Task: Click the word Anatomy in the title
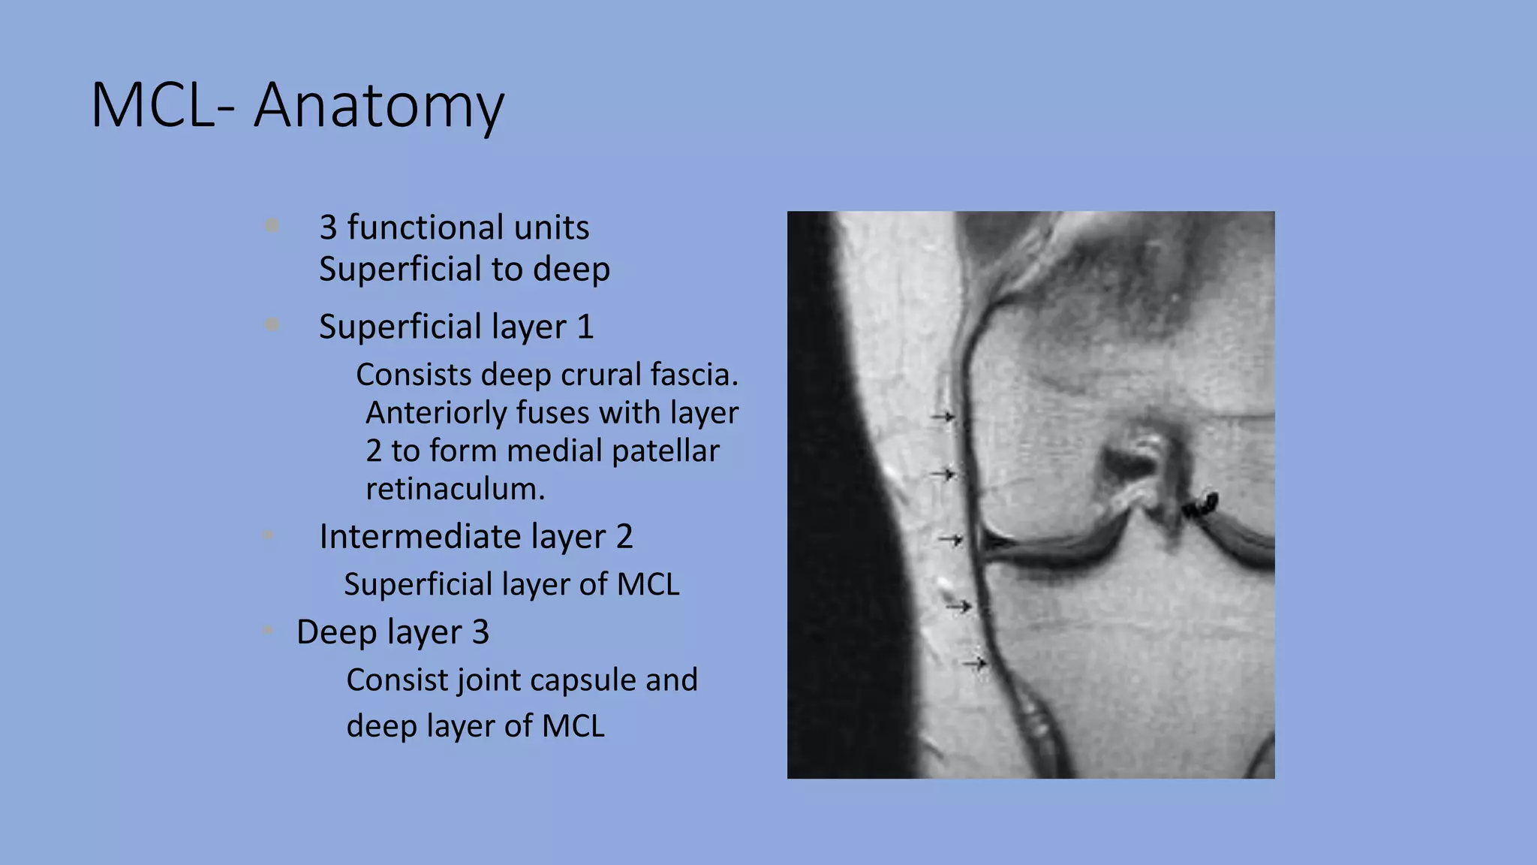tap(379, 105)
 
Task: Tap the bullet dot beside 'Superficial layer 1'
tap(272, 324)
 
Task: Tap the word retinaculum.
tap(455, 490)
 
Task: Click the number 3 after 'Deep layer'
tap(480, 632)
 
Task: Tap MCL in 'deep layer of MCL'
tap(573, 726)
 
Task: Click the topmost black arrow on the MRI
tap(943, 416)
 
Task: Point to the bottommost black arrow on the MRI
tap(975, 663)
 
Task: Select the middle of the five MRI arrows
tap(950, 539)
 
